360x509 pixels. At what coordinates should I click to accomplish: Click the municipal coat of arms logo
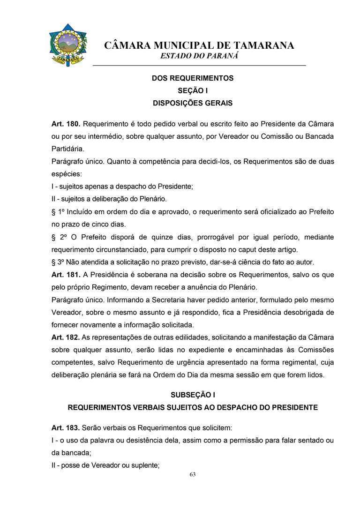tap(68, 45)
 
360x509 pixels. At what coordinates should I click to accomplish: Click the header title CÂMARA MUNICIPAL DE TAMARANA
tap(199, 45)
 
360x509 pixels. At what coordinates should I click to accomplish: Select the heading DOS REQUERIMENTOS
tap(192, 78)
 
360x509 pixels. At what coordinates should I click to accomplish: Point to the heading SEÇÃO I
tap(192, 90)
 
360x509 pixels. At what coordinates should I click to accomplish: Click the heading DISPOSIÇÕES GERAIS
tap(192, 103)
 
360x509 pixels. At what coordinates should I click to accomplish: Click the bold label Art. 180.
tap(66, 124)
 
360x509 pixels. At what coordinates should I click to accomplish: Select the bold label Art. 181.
tap(66, 274)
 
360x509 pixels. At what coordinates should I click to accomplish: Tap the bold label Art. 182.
tap(66, 337)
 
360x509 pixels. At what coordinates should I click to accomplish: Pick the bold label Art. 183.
tap(66, 428)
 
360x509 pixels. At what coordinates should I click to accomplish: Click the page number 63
tap(193, 474)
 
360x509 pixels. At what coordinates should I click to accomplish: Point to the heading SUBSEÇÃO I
tap(192, 395)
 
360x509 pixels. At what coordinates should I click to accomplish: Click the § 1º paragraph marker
tap(58, 212)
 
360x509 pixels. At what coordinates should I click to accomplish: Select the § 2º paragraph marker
tap(59, 237)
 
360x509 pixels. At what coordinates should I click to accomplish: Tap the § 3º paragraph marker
tap(58, 262)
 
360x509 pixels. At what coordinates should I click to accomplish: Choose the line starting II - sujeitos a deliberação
tap(109, 199)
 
